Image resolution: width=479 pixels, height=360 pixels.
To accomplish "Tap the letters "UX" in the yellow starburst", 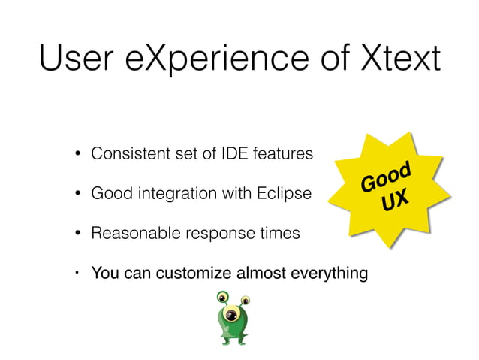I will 395,201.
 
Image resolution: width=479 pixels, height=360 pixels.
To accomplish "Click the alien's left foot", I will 224,341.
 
